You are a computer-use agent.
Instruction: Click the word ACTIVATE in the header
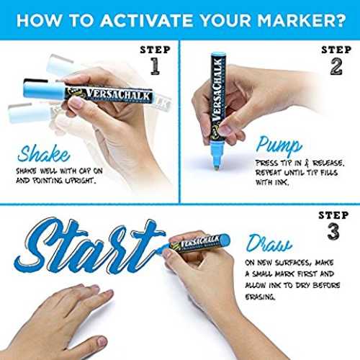(x=146, y=20)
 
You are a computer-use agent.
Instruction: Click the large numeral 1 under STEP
(x=155, y=66)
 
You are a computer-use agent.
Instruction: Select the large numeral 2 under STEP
(x=336, y=66)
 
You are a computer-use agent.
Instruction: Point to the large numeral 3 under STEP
(x=333, y=231)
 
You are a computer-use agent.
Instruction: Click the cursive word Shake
(x=44, y=153)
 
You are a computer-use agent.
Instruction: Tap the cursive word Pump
(x=279, y=145)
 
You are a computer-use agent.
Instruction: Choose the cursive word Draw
(x=269, y=243)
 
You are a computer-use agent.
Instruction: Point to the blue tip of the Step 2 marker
(x=217, y=156)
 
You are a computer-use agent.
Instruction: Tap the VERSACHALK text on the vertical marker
(x=217, y=89)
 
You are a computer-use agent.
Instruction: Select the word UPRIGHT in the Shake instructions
(x=80, y=181)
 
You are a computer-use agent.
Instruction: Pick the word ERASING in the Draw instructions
(x=260, y=297)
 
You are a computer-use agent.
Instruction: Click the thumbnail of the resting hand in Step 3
(x=102, y=341)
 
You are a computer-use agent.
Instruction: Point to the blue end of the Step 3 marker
(x=225, y=240)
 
